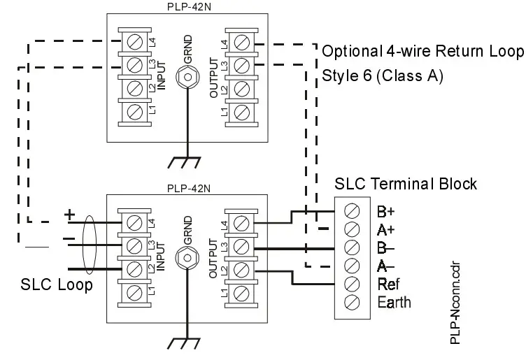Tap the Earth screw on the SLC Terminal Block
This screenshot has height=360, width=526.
(x=353, y=302)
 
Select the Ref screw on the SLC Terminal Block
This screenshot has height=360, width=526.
(x=353, y=284)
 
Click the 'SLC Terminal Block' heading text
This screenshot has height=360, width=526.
(x=406, y=185)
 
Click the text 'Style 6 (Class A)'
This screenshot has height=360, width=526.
(x=382, y=76)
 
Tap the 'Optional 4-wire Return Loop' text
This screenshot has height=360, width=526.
(x=422, y=52)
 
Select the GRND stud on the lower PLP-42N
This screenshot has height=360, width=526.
(x=187, y=257)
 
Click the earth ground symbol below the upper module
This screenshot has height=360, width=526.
(x=187, y=162)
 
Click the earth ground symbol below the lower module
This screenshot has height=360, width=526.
(x=187, y=342)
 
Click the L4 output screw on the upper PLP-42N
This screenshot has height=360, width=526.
(x=241, y=44)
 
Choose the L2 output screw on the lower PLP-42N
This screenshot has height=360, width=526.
(x=241, y=268)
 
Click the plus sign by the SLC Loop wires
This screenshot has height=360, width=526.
(x=69, y=213)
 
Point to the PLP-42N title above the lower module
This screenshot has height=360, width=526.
(x=185, y=188)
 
